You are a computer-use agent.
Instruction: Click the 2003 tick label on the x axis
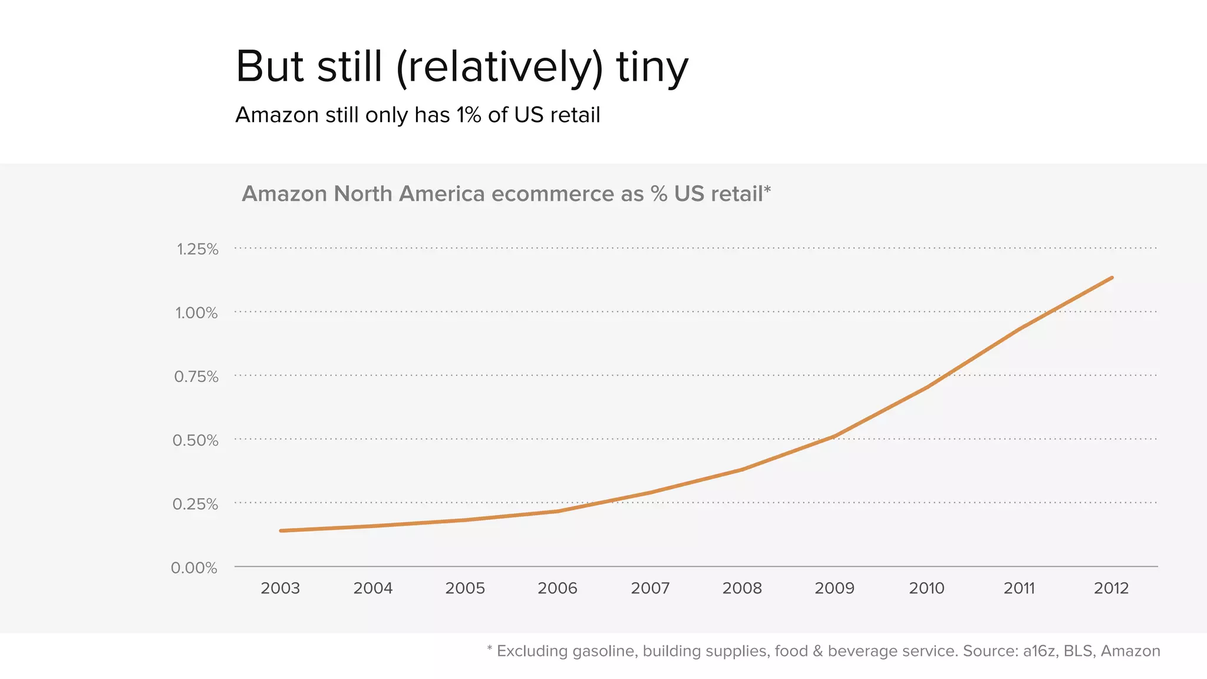click(x=281, y=588)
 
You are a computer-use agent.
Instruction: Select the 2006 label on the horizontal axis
click(x=558, y=588)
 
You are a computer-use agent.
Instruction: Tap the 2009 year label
click(x=835, y=588)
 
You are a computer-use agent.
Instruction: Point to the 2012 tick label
click(x=1112, y=588)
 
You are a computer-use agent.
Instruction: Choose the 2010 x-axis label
click(x=926, y=588)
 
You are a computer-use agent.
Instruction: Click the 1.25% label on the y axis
click(x=197, y=249)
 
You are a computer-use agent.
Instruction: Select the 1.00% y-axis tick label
click(x=196, y=313)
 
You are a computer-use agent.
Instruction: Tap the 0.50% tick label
click(x=195, y=440)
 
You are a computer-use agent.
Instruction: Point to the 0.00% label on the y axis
click(x=194, y=568)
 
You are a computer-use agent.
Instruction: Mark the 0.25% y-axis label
click(x=195, y=505)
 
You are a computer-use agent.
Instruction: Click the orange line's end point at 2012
click(x=1112, y=278)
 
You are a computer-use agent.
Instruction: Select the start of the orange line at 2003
click(x=281, y=530)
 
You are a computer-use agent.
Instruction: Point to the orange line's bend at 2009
click(x=835, y=436)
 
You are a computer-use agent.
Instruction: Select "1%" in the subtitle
click(x=469, y=115)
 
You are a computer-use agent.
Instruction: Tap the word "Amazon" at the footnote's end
click(x=1130, y=651)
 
